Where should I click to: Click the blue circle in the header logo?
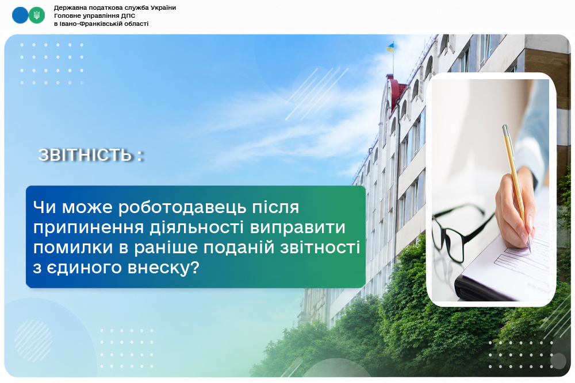pyautogui.click(x=20, y=16)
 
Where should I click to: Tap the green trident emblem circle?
pyautogui.click(x=37, y=16)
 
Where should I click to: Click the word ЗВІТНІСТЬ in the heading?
pyautogui.click(x=85, y=155)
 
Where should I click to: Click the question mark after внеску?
pyautogui.click(x=195, y=268)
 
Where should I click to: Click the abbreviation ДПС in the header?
pyautogui.click(x=128, y=16)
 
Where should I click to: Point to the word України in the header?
pyautogui.click(x=163, y=7)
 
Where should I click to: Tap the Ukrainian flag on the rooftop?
pyautogui.click(x=390, y=47)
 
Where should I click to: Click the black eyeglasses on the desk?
pyautogui.click(x=460, y=231)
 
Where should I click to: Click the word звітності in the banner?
pyautogui.click(x=320, y=247)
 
